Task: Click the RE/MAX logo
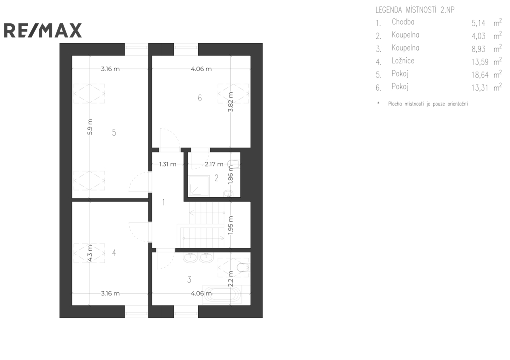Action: (43, 30)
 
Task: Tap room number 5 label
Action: (114, 132)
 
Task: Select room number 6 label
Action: (200, 98)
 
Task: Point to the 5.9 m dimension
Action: (90, 127)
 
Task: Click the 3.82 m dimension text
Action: (230, 102)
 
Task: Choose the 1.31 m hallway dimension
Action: (168, 164)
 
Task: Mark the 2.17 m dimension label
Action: (214, 164)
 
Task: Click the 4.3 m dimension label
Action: (90, 253)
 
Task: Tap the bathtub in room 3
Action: (222, 295)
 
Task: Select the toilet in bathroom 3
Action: (243, 268)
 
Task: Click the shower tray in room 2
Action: (199, 186)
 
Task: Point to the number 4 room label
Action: (114, 252)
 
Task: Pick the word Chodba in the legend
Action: (403, 22)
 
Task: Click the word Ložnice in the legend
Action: (403, 61)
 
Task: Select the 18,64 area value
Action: (480, 75)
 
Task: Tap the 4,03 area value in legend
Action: (479, 36)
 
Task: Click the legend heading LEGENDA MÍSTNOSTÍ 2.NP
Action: (415, 10)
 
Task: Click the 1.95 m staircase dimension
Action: (230, 225)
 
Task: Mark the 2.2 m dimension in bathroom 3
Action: (230, 279)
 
